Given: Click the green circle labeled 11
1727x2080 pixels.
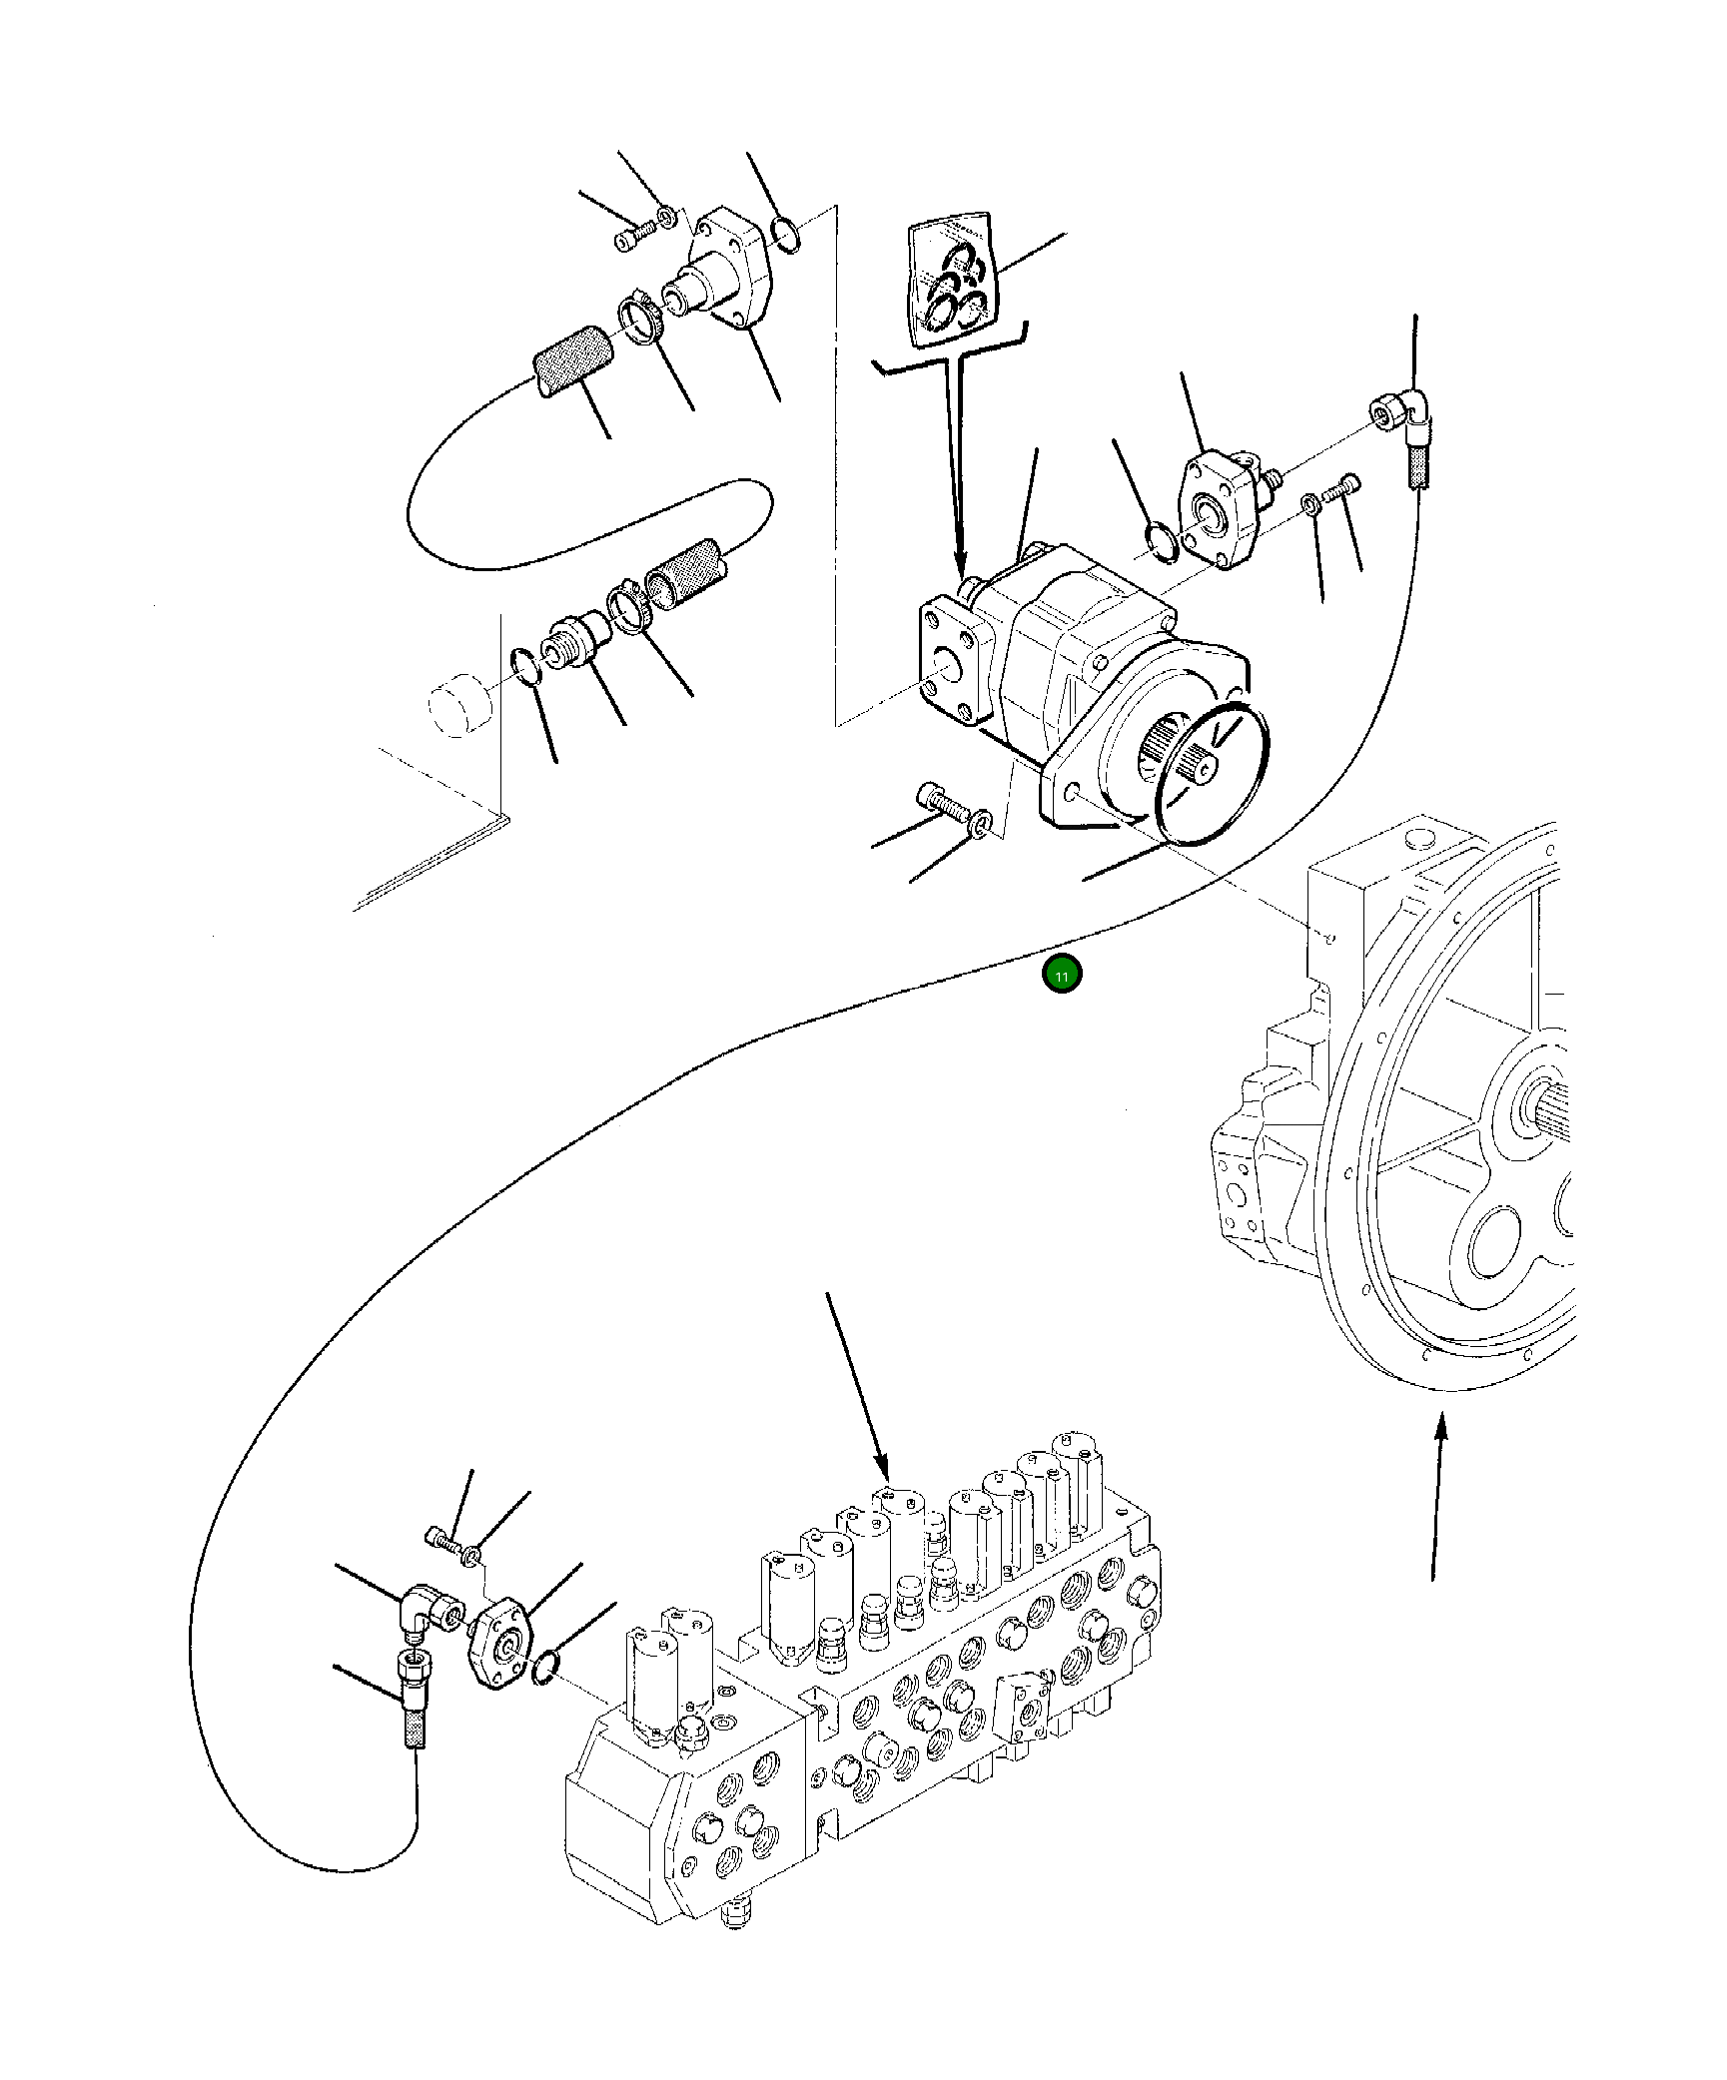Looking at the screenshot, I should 1061,976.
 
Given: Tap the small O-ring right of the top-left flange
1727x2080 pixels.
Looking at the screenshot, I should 786,237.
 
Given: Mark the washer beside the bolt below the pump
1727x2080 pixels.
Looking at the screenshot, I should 982,824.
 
